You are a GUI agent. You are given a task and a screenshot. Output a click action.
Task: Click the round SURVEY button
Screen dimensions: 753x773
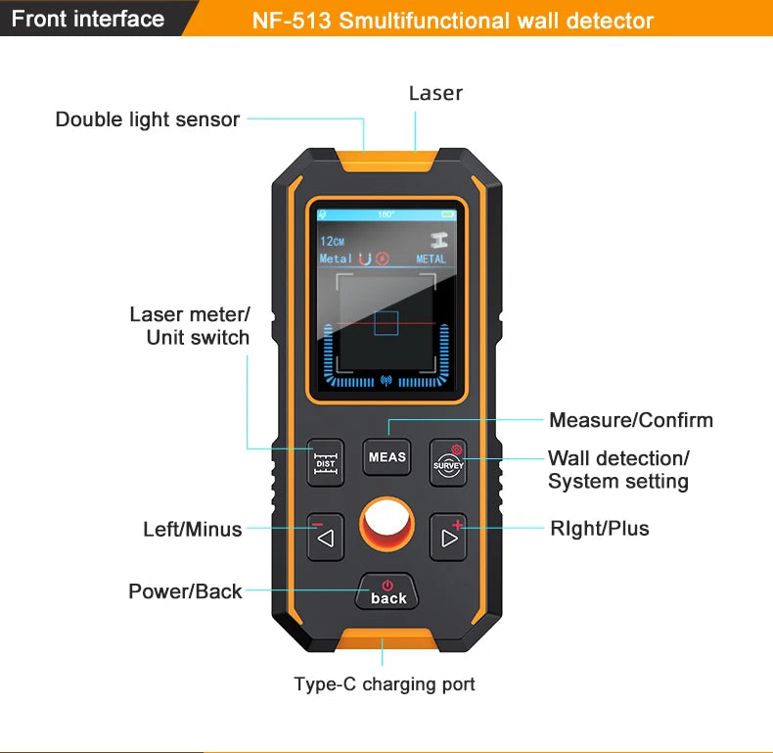tap(448, 460)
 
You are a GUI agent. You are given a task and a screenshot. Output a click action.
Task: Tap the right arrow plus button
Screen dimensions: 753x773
tap(448, 537)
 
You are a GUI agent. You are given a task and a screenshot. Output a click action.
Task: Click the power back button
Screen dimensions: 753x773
tap(387, 591)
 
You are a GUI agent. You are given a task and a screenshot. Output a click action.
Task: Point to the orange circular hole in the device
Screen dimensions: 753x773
tap(386, 525)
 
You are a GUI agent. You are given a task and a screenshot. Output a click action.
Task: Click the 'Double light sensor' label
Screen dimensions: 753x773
tap(148, 119)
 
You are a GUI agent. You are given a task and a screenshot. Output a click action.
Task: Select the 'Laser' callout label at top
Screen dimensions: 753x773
tap(435, 93)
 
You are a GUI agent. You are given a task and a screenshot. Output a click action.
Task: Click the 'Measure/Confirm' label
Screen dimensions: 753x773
tap(631, 420)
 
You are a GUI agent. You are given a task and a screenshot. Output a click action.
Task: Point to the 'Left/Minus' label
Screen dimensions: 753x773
tap(193, 529)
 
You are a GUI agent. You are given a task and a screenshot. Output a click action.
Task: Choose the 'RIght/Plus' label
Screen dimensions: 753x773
tap(599, 529)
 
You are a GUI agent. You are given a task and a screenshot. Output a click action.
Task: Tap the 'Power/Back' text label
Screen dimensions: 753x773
tap(185, 591)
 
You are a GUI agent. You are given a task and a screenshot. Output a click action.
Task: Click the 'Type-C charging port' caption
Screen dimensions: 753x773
tap(385, 683)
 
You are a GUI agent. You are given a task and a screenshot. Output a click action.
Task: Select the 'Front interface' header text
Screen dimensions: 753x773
tap(88, 19)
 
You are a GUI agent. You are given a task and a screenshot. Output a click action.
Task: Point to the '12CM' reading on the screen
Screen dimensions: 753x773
tap(333, 241)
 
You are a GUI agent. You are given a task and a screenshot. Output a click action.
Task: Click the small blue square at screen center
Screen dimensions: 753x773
tap(386, 323)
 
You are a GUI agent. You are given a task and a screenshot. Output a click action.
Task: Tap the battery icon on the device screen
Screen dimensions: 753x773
tap(448, 213)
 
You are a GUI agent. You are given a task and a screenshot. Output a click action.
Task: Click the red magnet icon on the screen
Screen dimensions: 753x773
tap(366, 259)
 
